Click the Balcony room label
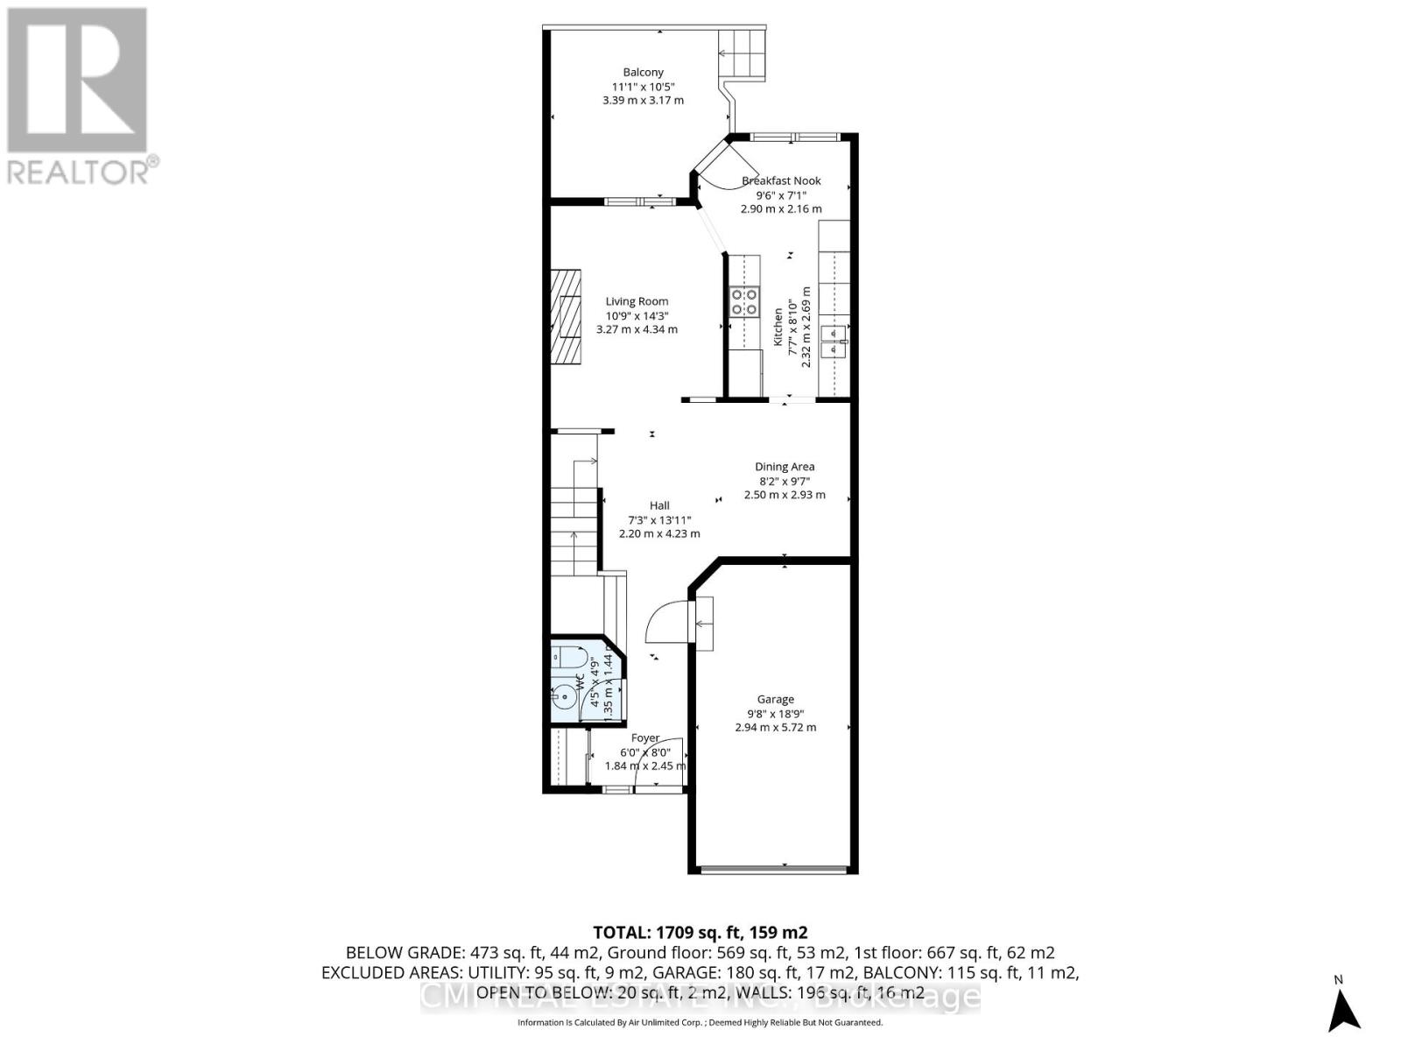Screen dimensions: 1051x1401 [643, 73]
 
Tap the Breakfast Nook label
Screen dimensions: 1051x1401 [781, 181]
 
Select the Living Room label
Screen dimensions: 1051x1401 [637, 301]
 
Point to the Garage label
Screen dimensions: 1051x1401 [776, 699]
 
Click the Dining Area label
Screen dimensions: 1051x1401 [785, 467]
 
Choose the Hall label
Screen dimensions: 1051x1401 [659, 505]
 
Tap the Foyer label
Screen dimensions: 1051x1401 [645, 738]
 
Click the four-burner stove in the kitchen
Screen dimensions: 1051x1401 [743, 301]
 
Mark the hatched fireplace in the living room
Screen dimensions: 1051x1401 [566, 315]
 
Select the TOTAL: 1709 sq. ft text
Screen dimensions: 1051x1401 [700, 932]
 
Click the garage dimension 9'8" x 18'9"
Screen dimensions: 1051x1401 [776, 713]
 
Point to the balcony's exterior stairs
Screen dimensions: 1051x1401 [741, 53]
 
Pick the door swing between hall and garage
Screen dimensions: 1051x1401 [665, 620]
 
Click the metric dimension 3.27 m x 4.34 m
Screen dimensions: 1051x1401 [637, 329]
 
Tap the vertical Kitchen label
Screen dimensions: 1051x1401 [778, 326]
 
